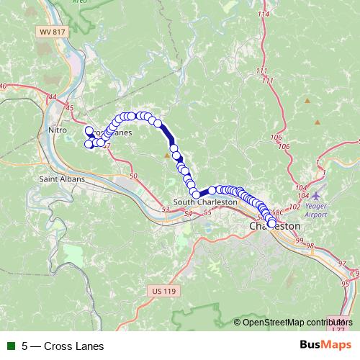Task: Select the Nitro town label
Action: click(x=57, y=129)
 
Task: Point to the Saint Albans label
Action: click(x=62, y=179)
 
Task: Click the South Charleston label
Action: click(x=205, y=202)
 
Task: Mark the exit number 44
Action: click(x=52, y=96)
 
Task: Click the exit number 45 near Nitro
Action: click(x=70, y=108)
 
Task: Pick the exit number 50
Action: click(x=132, y=175)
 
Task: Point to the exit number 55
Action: click(x=208, y=212)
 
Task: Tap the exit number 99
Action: click(x=300, y=240)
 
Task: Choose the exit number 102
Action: click(x=293, y=207)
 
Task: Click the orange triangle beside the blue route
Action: click(x=168, y=155)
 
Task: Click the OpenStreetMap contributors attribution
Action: click(x=297, y=323)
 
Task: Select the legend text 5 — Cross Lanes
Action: click(x=63, y=346)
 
